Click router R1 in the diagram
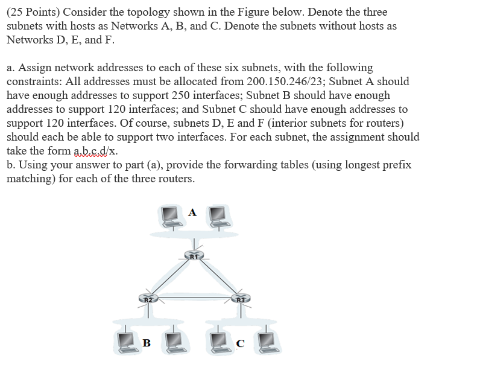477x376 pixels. click(x=192, y=257)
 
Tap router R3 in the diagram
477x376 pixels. click(x=241, y=298)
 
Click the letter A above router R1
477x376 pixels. click(x=192, y=212)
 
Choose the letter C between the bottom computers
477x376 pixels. click(x=240, y=343)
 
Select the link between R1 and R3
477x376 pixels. click(x=217, y=278)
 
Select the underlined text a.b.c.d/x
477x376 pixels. click(x=95, y=151)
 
